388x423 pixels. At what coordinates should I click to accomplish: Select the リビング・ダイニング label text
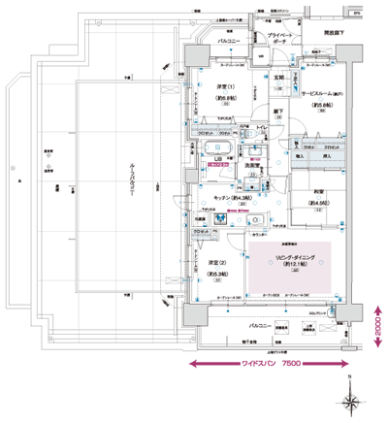click(289, 256)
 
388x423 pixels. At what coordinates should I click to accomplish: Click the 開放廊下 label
click(337, 33)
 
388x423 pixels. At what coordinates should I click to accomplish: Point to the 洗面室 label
click(254, 165)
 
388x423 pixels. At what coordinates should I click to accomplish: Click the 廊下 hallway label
click(277, 112)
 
